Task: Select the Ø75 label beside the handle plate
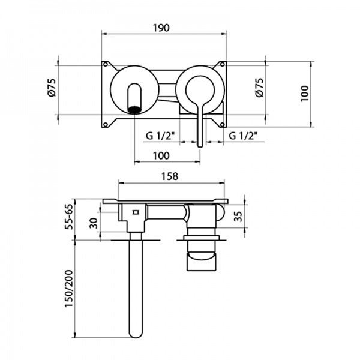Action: (259, 89)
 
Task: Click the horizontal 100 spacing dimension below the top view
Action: (161, 155)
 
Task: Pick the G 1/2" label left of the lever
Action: (160, 136)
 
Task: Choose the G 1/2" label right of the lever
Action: (243, 136)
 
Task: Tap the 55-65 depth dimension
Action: (70, 217)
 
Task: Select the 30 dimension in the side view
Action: (92, 223)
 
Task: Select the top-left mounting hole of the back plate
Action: (106, 64)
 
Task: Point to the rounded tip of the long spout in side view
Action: (135, 333)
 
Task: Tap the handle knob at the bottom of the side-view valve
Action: (202, 261)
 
